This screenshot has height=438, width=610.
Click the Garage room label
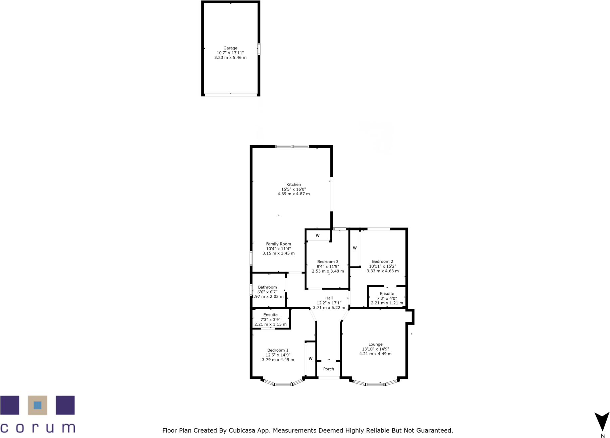(x=230, y=48)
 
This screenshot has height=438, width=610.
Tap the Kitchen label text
(x=293, y=185)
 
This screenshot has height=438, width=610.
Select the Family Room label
(x=278, y=244)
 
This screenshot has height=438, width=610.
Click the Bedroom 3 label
(x=328, y=262)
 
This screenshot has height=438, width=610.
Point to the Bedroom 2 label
(x=382, y=262)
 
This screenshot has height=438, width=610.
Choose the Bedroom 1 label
(x=278, y=350)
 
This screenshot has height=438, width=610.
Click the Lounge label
(x=375, y=344)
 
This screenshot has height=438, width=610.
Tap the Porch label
(x=328, y=369)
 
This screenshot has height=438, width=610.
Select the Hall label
(x=329, y=298)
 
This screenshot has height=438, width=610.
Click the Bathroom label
(x=267, y=287)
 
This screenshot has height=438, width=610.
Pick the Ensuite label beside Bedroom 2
(x=387, y=294)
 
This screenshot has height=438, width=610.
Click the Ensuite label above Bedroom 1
(x=270, y=315)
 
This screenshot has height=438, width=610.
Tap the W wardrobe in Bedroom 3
(x=318, y=236)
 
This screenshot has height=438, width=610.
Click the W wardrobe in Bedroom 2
(x=354, y=248)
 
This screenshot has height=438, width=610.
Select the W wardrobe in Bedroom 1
(x=311, y=359)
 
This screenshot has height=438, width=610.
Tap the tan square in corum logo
(x=37, y=405)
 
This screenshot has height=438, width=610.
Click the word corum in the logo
(x=38, y=428)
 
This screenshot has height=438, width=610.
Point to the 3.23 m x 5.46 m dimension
(x=230, y=58)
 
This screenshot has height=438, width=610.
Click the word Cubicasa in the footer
(x=241, y=431)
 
